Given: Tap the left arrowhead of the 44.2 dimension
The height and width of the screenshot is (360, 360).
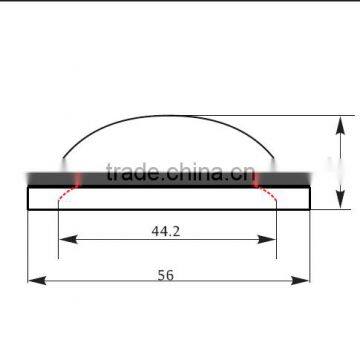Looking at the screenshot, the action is click(x=64, y=240).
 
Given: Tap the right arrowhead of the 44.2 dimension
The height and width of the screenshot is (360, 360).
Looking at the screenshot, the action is click(x=271, y=240).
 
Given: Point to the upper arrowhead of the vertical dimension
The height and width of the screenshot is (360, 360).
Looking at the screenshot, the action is click(x=339, y=122).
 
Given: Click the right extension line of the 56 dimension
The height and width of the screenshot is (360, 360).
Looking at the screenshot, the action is click(x=309, y=250).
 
